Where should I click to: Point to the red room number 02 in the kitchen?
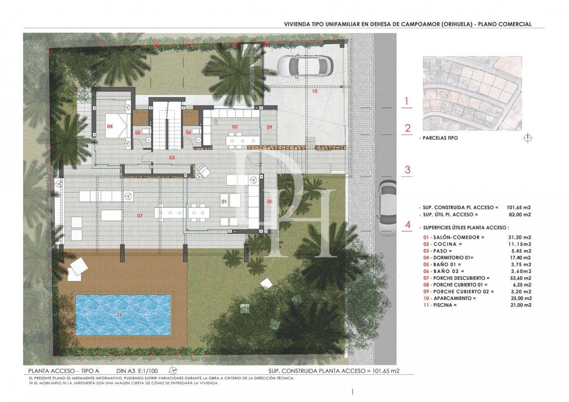[235, 127]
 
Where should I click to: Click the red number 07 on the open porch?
[140, 215]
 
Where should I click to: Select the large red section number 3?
[408, 170]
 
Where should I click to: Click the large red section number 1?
[408, 102]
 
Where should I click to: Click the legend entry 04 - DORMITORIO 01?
[448, 257]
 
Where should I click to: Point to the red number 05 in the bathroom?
[138, 132]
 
